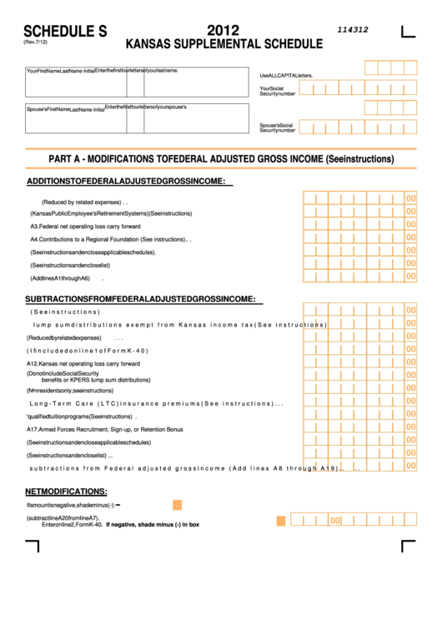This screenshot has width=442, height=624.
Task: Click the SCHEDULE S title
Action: click(66, 32)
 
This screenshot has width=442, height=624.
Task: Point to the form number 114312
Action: click(353, 29)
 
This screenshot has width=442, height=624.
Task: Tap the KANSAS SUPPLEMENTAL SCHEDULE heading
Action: click(224, 44)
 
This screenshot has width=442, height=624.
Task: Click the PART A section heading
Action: click(221, 159)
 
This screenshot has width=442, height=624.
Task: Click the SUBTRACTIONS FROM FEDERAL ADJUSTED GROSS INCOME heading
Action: click(139, 298)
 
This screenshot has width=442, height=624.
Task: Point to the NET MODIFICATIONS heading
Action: click(66, 492)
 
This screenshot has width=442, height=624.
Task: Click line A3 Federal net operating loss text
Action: click(85, 226)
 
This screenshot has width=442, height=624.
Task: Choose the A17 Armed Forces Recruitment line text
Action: click(104, 429)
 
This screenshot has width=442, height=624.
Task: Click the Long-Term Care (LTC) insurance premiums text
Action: click(156, 403)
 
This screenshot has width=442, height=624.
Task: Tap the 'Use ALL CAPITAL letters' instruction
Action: click(286, 75)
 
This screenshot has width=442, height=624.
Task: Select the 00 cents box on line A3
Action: click(410, 225)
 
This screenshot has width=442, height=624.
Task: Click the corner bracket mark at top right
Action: click(408, 32)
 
